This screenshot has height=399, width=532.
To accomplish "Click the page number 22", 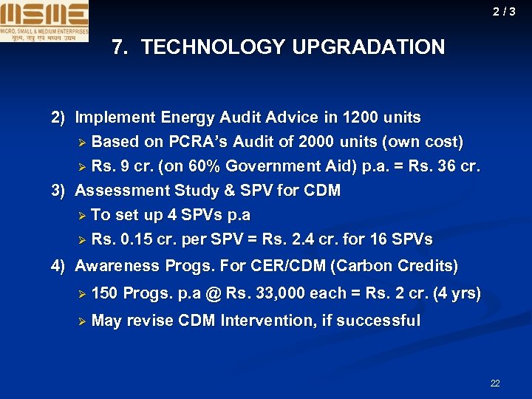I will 494,383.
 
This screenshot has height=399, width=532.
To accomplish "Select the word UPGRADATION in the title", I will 369,48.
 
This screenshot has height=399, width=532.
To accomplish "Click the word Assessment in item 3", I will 122,191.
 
